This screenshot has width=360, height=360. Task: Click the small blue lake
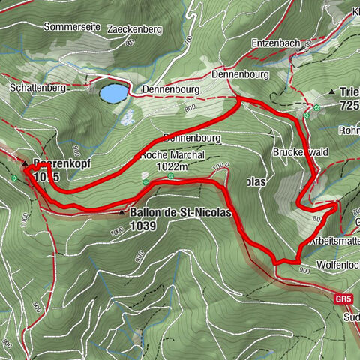[113, 93]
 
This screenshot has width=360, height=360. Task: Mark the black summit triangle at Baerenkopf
[25, 163]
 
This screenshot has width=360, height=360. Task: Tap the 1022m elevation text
[172, 168]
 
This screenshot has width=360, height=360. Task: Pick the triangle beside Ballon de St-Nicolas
[122, 213]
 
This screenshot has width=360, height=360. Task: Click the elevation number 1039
[143, 224]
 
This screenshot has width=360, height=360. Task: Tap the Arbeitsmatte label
[334, 241]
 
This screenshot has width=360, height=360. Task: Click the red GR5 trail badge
[343, 298]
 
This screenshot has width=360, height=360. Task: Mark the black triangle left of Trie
[331, 92]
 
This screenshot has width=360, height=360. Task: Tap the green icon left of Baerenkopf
[15, 178]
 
